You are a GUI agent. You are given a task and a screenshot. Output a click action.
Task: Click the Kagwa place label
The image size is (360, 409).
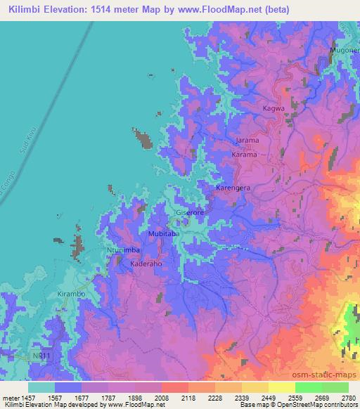(273, 109)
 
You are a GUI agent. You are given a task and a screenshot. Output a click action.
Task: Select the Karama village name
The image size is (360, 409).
(244, 154)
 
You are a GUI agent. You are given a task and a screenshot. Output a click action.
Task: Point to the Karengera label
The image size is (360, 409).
(233, 189)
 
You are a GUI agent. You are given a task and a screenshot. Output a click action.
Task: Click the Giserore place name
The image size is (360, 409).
(189, 212)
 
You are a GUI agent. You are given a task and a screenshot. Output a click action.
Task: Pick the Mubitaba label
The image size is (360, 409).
(164, 233)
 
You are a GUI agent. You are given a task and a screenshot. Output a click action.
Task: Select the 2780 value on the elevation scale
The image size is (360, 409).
(349, 398)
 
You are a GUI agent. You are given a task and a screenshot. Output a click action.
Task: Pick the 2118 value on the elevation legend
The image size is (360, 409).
(188, 398)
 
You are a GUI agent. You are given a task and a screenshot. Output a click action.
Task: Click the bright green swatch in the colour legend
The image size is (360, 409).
(308, 387)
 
